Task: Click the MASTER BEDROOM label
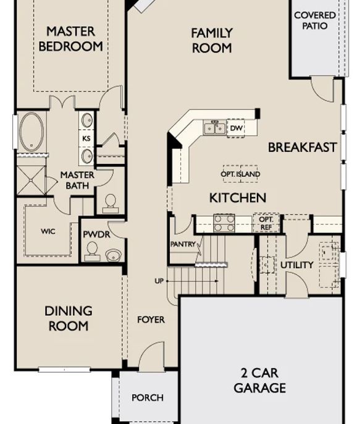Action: (70, 38)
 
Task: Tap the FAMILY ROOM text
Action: (211, 40)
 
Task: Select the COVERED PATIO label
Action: (315, 20)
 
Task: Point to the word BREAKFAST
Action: (303, 148)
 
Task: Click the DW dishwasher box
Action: (236, 128)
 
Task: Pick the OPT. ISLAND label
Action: (240, 174)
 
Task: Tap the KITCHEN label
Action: (238, 198)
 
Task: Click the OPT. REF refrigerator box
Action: (266, 223)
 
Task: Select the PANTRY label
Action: (183, 245)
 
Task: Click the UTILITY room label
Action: (297, 265)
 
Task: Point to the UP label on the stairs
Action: (159, 281)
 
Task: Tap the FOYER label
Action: (151, 320)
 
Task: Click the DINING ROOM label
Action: (68, 318)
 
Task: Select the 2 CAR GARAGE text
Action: (259, 381)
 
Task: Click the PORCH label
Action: (148, 397)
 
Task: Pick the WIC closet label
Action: (48, 231)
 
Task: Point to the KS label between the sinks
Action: (86, 138)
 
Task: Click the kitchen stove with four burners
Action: (224, 223)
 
